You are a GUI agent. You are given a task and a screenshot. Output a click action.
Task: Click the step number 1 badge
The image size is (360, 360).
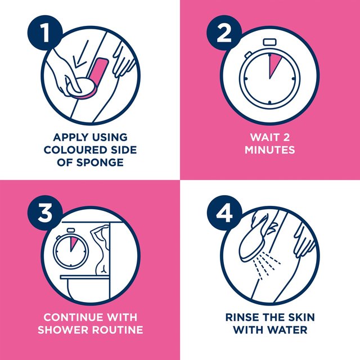tap(45, 33)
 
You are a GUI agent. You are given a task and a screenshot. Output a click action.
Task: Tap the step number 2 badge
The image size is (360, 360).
tap(224, 33)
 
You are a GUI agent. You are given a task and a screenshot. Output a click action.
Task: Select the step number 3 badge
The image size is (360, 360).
tap(45, 213)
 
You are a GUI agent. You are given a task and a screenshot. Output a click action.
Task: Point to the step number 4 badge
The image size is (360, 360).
tap(224, 213)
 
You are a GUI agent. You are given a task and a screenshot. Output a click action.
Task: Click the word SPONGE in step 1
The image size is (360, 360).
tap(100, 163)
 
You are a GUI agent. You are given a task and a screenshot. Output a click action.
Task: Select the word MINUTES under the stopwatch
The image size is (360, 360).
tap(270, 150)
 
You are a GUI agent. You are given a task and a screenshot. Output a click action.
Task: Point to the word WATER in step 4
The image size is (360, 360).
tap(287, 330)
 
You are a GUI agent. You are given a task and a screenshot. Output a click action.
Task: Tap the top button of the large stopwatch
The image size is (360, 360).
tap(270, 42)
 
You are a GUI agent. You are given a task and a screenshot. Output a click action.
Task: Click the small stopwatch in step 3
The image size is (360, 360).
tap(71, 249)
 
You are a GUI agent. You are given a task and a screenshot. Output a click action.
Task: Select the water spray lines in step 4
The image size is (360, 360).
tap(266, 265)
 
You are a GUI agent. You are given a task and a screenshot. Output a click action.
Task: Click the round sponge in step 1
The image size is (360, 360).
tap(80, 89)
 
